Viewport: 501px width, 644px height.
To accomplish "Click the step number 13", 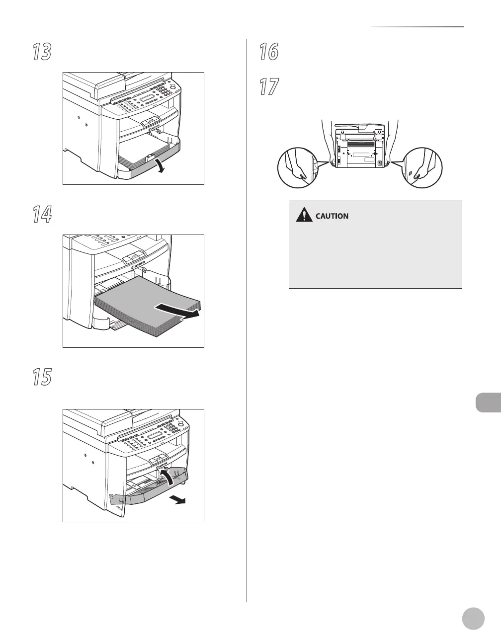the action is [42, 52].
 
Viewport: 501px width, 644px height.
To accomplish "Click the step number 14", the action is [42, 215].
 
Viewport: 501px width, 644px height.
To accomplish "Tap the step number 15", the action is [42, 378].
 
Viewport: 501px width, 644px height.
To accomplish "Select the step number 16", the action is [269, 52].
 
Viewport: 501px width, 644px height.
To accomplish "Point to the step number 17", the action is [269, 87].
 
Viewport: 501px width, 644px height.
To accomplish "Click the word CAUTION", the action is [332, 217].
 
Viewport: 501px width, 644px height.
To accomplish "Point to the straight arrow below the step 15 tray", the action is [177, 500].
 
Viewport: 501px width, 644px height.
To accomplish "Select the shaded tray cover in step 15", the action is [149, 492].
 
